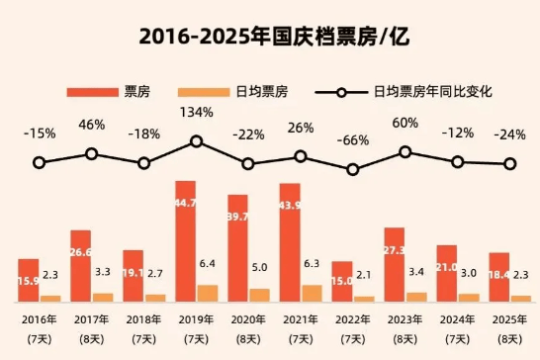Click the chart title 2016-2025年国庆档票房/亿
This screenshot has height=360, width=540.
click(270, 38)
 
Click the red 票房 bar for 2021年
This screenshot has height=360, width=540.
click(290, 241)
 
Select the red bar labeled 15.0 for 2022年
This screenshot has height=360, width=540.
click(342, 281)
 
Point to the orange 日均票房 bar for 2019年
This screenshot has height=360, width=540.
click(207, 293)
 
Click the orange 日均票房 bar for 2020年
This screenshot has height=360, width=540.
click(259, 295)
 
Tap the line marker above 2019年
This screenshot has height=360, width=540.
click(196, 141)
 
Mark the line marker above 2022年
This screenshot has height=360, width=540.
click(353, 170)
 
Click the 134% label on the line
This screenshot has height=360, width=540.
click(196, 112)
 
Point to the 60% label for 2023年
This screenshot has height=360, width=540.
click(405, 123)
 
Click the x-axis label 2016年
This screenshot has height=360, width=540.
click(39, 318)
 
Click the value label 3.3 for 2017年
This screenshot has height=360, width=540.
click(102, 270)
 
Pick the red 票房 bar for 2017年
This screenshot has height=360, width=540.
click(80, 265)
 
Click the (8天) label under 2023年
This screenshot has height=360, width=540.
click(405, 339)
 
